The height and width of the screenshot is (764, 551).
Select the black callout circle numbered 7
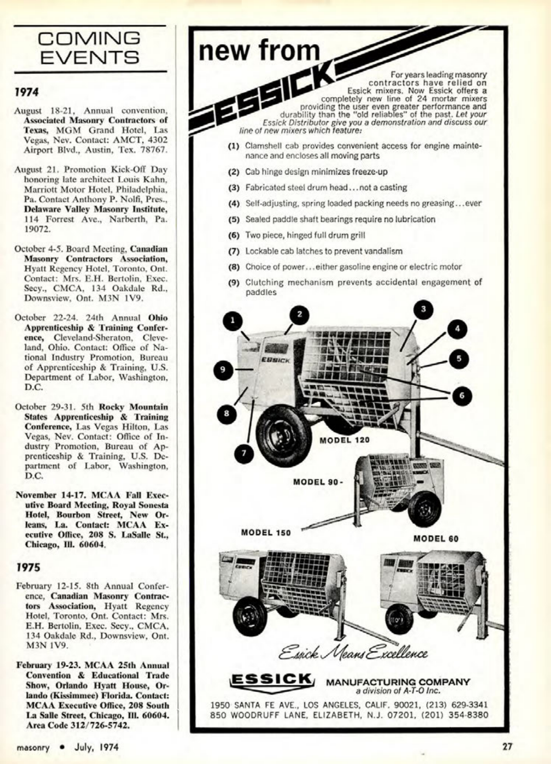point(243,453)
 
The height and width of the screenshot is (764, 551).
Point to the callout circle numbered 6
point(461,395)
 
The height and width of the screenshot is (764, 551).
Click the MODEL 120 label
point(345,440)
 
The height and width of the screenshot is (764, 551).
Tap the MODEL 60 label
point(436,539)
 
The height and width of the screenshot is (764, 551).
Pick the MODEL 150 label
point(266,533)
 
